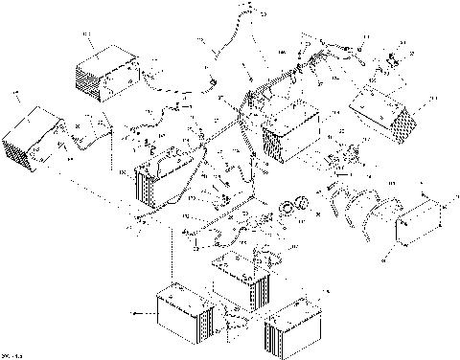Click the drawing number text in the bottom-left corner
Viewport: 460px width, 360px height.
click(x=12, y=355)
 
